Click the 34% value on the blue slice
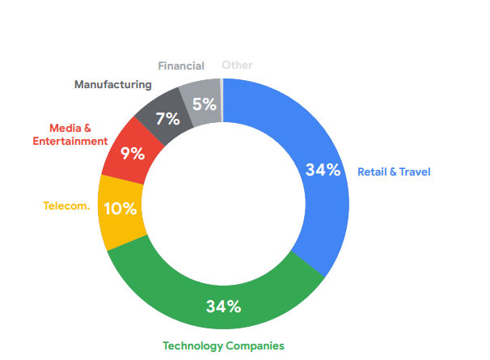point(323,170)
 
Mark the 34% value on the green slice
point(223,307)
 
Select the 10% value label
point(121,208)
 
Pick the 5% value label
point(203,104)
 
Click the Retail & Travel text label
point(394,172)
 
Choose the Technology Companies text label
point(223,345)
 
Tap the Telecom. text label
point(66,205)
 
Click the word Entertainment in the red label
point(70,141)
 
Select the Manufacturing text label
point(112,84)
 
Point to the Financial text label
point(181,65)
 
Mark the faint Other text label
point(237,65)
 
